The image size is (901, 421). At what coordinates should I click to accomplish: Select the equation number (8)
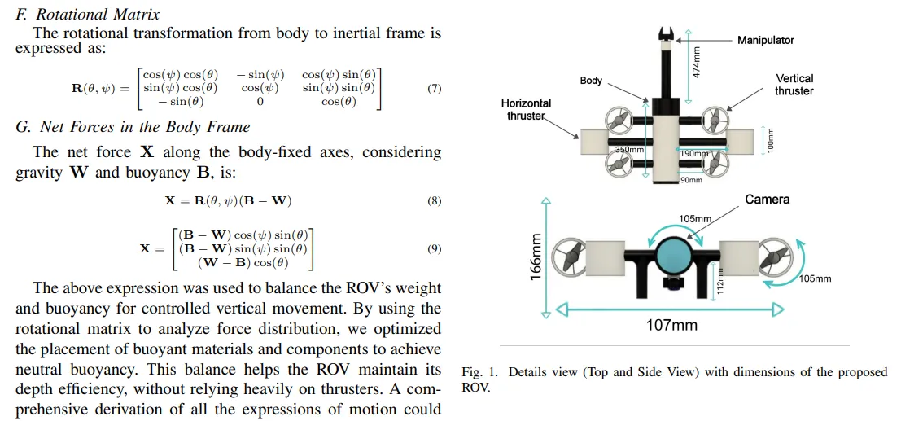[x=434, y=200]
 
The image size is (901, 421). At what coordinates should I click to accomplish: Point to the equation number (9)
[x=434, y=248]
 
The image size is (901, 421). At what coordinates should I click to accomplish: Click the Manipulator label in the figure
[x=765, y=40]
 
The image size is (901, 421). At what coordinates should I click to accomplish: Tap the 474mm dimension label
[x=697, y=62]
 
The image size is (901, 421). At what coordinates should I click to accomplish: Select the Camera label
[x=767, y=200]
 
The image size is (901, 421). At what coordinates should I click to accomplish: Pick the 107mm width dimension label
[x=671, y=325]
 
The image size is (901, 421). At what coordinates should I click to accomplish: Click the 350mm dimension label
[x=629, y=150]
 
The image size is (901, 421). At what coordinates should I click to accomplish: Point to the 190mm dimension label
[x=694, y=153]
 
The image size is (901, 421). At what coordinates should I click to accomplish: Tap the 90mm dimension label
[x=690, y=180]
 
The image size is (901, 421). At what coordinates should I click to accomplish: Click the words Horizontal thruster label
[x=526, y=109]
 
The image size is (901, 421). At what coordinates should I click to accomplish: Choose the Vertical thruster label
[x=794, y=85]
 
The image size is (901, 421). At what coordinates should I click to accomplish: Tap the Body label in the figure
[x=591, y=81]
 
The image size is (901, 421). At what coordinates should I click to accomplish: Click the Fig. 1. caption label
[x=481, y=372]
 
